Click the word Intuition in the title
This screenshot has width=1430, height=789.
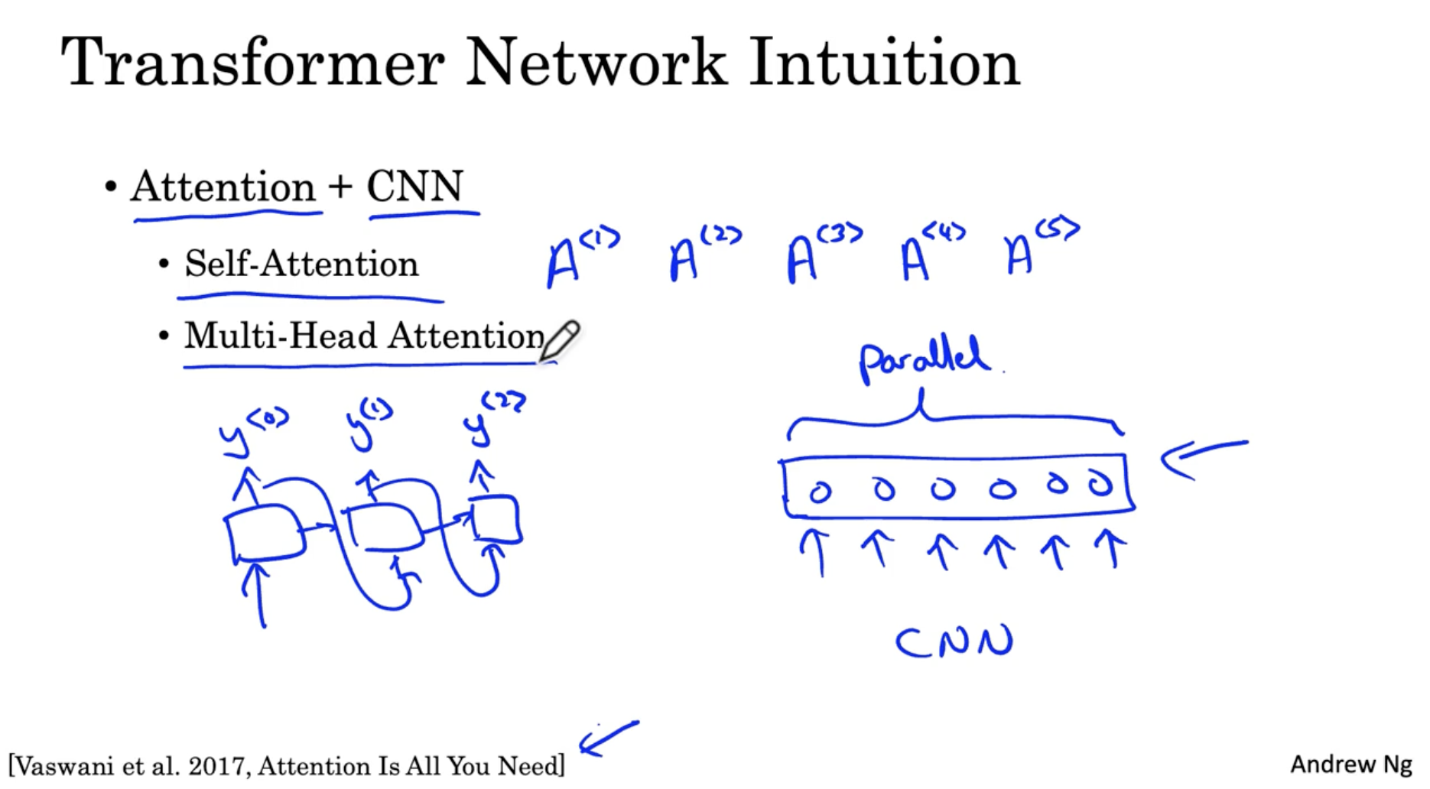pos(884,63)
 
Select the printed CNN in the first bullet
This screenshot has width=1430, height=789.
pos(415,187)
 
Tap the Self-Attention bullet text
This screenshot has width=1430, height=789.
pos(301,264)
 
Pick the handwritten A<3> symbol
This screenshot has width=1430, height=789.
pos(823,254)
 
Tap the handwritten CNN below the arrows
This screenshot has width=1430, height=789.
pos(954,642)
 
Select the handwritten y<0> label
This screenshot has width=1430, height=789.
pos(252,432)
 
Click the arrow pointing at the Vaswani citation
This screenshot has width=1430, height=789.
pos(608,738)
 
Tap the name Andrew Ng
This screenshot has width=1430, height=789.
pos(1350,765)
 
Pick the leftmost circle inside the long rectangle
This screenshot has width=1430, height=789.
pos(820,492)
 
